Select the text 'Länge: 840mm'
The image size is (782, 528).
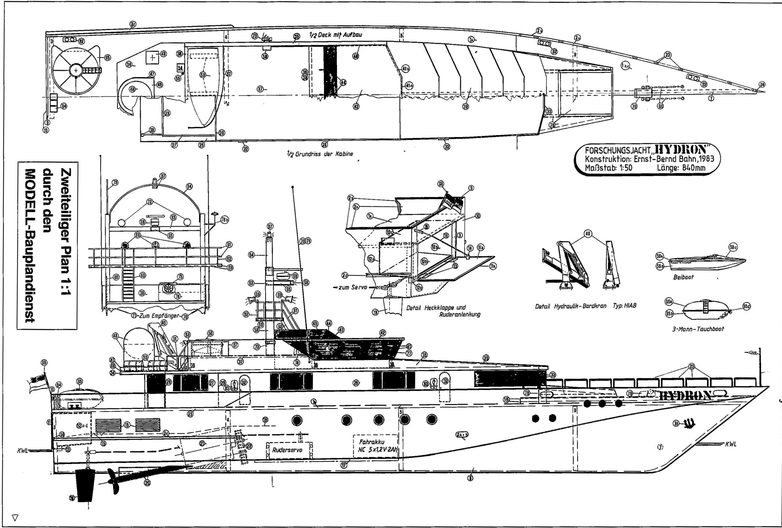click(681, 167)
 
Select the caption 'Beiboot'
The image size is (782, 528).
click(683, 278)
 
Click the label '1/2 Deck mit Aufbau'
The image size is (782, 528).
click(335, 35)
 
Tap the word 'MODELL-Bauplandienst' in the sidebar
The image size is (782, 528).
click(30, 246)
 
